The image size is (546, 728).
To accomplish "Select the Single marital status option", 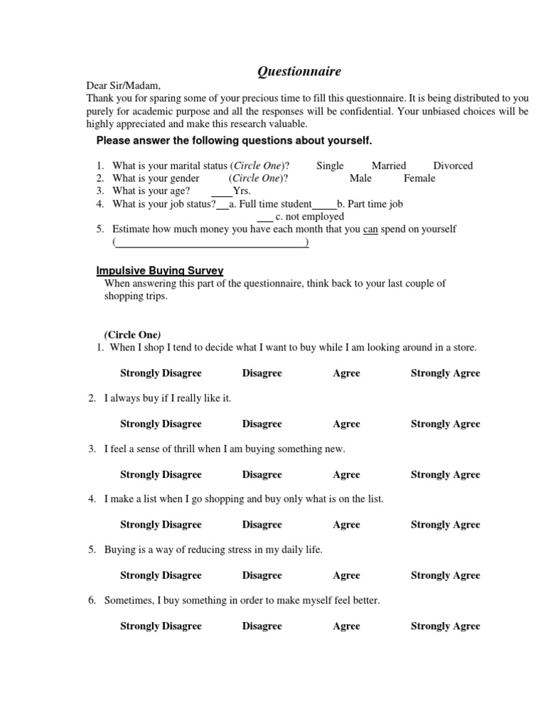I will pos(330,166).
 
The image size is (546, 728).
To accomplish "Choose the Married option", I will pos(389,166).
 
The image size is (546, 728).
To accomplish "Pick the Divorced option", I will pos(453,166).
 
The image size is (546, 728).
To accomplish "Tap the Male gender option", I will pos(360,178).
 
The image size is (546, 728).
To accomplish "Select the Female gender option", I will pos(419,178).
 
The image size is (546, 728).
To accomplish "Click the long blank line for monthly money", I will pos(211,243).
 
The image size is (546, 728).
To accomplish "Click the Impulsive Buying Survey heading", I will pos(160,270).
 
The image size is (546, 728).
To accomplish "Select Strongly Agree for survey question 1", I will pos(445,373).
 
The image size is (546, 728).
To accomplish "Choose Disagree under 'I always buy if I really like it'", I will pos(262,424).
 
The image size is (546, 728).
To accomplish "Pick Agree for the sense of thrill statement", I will pos(346,475).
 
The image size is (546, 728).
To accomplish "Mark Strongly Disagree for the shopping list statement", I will pos(161,525).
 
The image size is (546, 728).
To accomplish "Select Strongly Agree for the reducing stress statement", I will pos(445,575).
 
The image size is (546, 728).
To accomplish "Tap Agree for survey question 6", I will pos(346,626).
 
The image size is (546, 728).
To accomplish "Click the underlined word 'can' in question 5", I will pos(370,230).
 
